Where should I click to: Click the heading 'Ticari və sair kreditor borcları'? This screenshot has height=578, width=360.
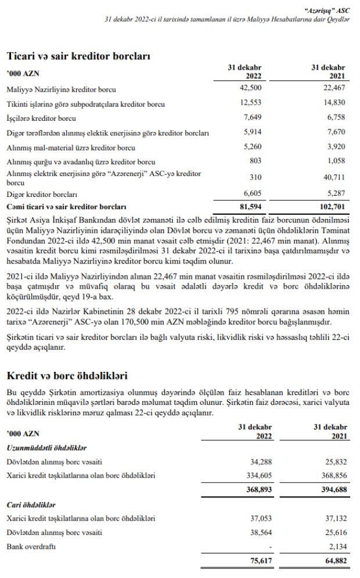78,56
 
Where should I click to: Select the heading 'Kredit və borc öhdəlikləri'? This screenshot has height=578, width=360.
66,377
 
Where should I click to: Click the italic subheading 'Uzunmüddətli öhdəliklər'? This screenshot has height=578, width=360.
46,447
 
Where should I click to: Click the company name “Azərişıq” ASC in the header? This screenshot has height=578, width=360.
328,9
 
